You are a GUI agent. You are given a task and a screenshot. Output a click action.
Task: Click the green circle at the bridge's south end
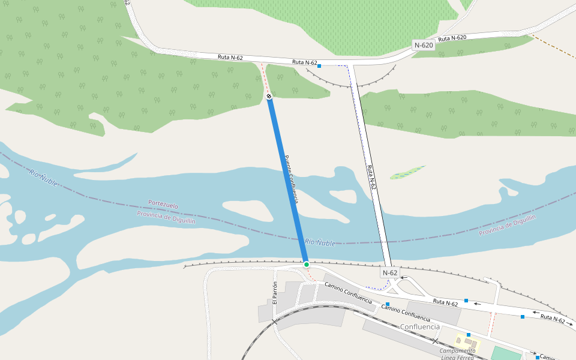point(306,265)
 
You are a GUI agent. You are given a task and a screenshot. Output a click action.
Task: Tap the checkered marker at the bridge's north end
point(269,96)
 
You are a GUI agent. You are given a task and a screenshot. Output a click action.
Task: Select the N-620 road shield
point(424,45)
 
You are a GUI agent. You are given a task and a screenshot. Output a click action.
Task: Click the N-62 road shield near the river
point(389,273)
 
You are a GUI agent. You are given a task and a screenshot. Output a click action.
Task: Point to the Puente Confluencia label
point(291,179)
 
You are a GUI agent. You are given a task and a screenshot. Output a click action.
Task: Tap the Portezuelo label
point(163,205)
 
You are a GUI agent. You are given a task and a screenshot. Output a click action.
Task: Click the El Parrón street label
point(275,292)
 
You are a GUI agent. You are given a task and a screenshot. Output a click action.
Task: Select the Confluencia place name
point(420,326)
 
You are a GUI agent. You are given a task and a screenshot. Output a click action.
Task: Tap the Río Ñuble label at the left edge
point(43,178)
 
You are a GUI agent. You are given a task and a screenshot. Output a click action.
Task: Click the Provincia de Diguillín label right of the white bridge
point(507,224)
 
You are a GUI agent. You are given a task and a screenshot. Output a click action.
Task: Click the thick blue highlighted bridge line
point(287,180)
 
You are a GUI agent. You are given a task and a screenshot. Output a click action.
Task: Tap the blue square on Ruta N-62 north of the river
point(319,66)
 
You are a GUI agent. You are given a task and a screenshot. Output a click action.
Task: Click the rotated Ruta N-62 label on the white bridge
point(371,178)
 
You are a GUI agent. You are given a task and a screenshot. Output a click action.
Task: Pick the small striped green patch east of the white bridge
point(408,173)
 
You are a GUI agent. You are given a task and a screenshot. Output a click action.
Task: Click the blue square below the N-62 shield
point(388,304)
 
